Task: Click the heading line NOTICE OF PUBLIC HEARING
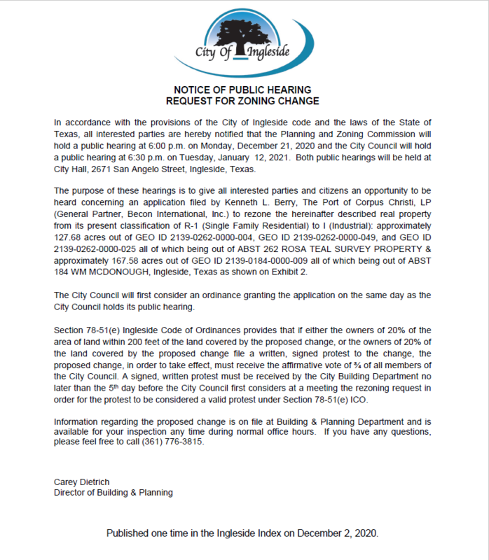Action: click(244, 90)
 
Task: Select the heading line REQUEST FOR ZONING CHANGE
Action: click(244, 101)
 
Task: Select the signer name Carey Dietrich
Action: click(81, 482)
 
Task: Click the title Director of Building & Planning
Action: click(113, 492)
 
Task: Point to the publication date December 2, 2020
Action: click(337, 533)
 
